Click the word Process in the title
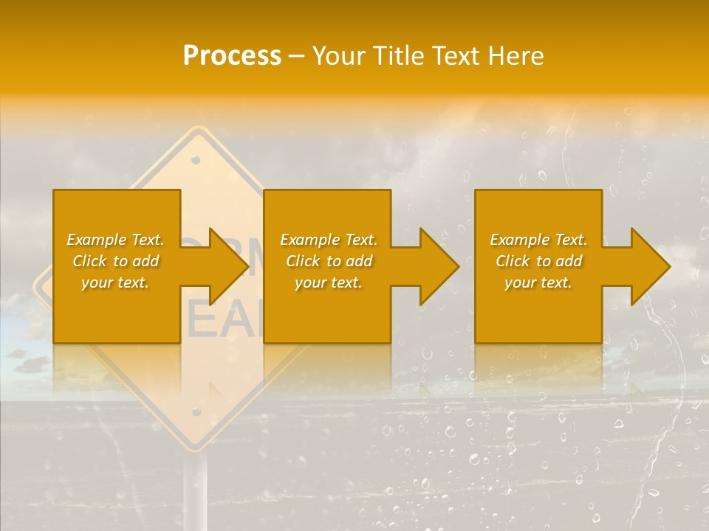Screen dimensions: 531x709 tap(232, 56)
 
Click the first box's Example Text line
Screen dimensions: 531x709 tap(115, 240)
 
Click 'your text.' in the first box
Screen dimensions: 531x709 tap(115, 282)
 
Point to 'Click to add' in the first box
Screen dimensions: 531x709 tap(115, 261)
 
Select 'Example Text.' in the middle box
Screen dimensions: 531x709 tap(329, 240)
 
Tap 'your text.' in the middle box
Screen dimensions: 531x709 tap(329, 282)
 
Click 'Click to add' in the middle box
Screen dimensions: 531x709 tap(329, 261)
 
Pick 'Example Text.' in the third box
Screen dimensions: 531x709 tap(538, 240)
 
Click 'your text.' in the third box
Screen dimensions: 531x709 tap(538, 282)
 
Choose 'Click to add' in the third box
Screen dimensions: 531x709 tap(538, 261)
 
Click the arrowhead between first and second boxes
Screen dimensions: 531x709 tap(225, 266)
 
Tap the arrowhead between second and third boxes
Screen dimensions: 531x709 tap(436, 266)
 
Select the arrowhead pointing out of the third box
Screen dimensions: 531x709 tap(648, 266)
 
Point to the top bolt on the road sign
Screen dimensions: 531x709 tap(196, 159)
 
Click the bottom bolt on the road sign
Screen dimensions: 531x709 tap(196, 412)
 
